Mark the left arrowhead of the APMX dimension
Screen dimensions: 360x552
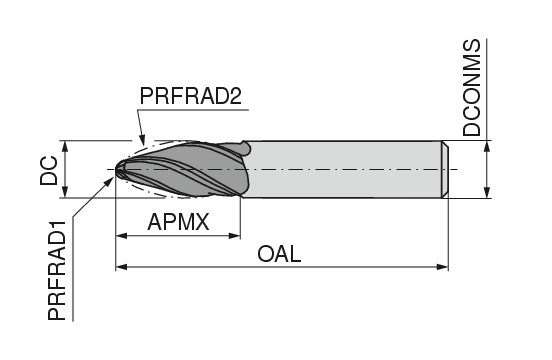point(122,236)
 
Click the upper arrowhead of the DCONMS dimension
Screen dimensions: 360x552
point(488,148)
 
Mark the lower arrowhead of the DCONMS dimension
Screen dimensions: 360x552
point(488,193)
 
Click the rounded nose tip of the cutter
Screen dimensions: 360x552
point(117,171)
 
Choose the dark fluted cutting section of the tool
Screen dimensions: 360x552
point(190,170)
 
